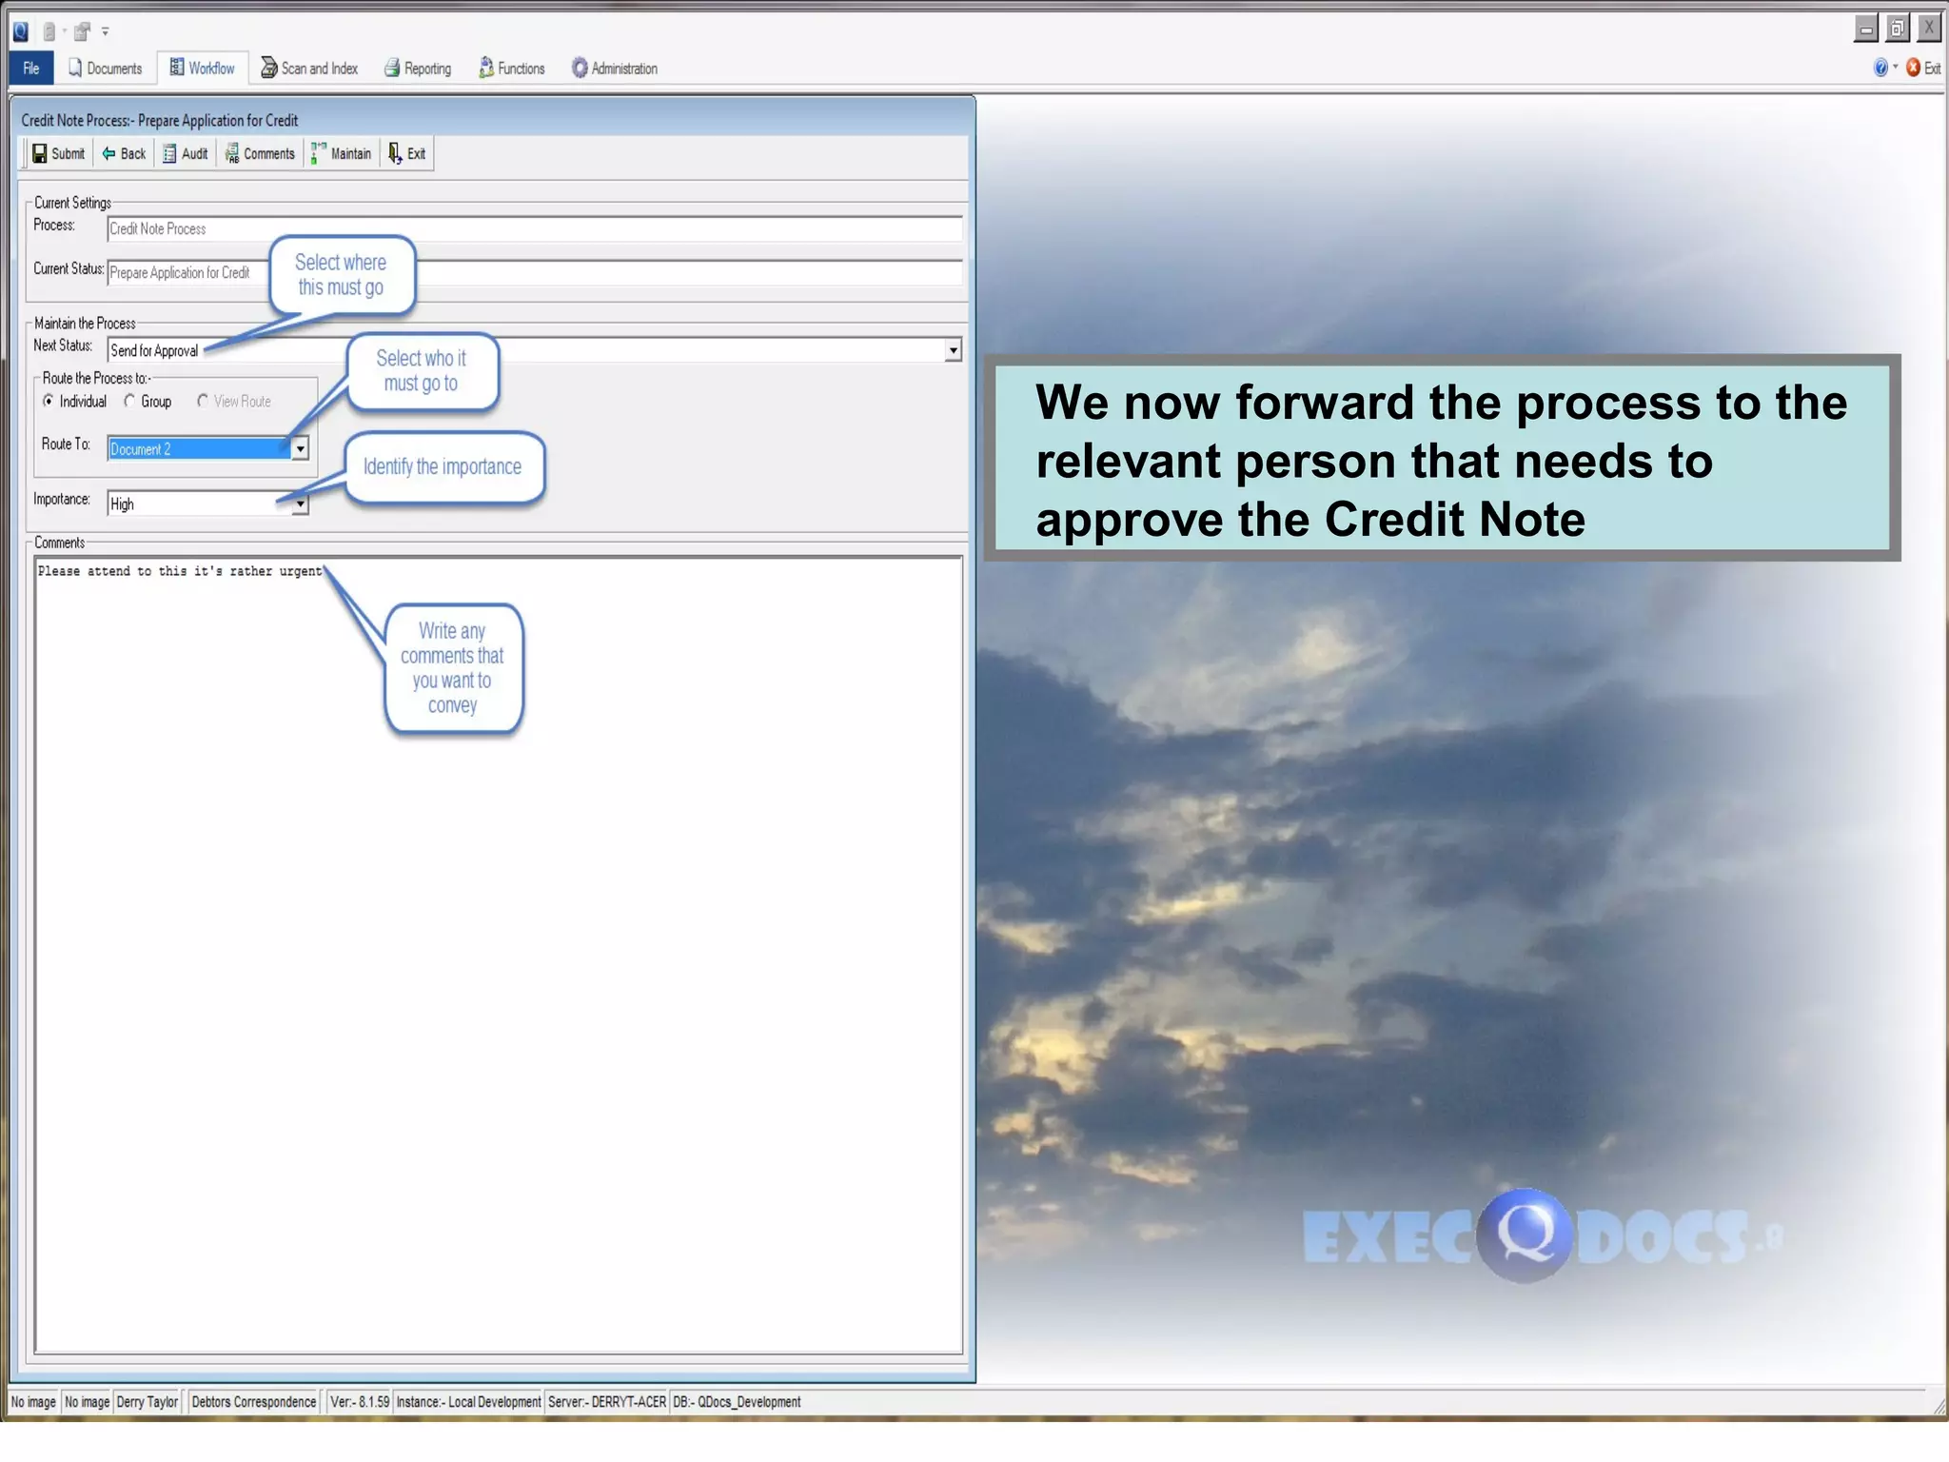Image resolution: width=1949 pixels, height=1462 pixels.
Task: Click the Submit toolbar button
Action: pos(58,154)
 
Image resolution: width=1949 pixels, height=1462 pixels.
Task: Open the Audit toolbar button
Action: pos(185,154)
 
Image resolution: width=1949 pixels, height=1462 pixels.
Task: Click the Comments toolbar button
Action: pos(260,154)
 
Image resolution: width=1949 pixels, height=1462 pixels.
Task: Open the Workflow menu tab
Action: pos(202,69)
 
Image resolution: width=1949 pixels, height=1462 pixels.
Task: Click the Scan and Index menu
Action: pos(309,69)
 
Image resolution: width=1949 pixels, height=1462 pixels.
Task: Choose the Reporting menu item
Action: pos(418,69)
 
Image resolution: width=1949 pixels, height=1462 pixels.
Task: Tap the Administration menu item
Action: pos(615,69)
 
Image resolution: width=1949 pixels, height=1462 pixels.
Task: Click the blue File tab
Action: pos(31,69)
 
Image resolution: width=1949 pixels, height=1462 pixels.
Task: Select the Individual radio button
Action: pos(49,402)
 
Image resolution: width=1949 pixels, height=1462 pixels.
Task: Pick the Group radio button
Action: pos(130,402)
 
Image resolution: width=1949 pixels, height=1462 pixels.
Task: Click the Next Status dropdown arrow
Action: pos(953,351)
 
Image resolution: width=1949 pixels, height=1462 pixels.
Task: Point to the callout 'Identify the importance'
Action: pos(443,467)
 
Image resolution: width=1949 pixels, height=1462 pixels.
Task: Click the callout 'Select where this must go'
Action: pos(341,275)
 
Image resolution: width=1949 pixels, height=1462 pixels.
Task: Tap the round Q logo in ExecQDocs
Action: pos(1524,1235)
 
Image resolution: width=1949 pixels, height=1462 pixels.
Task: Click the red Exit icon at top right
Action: pos(1913,68)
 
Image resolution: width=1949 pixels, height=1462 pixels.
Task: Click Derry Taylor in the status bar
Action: pos(148,1402)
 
